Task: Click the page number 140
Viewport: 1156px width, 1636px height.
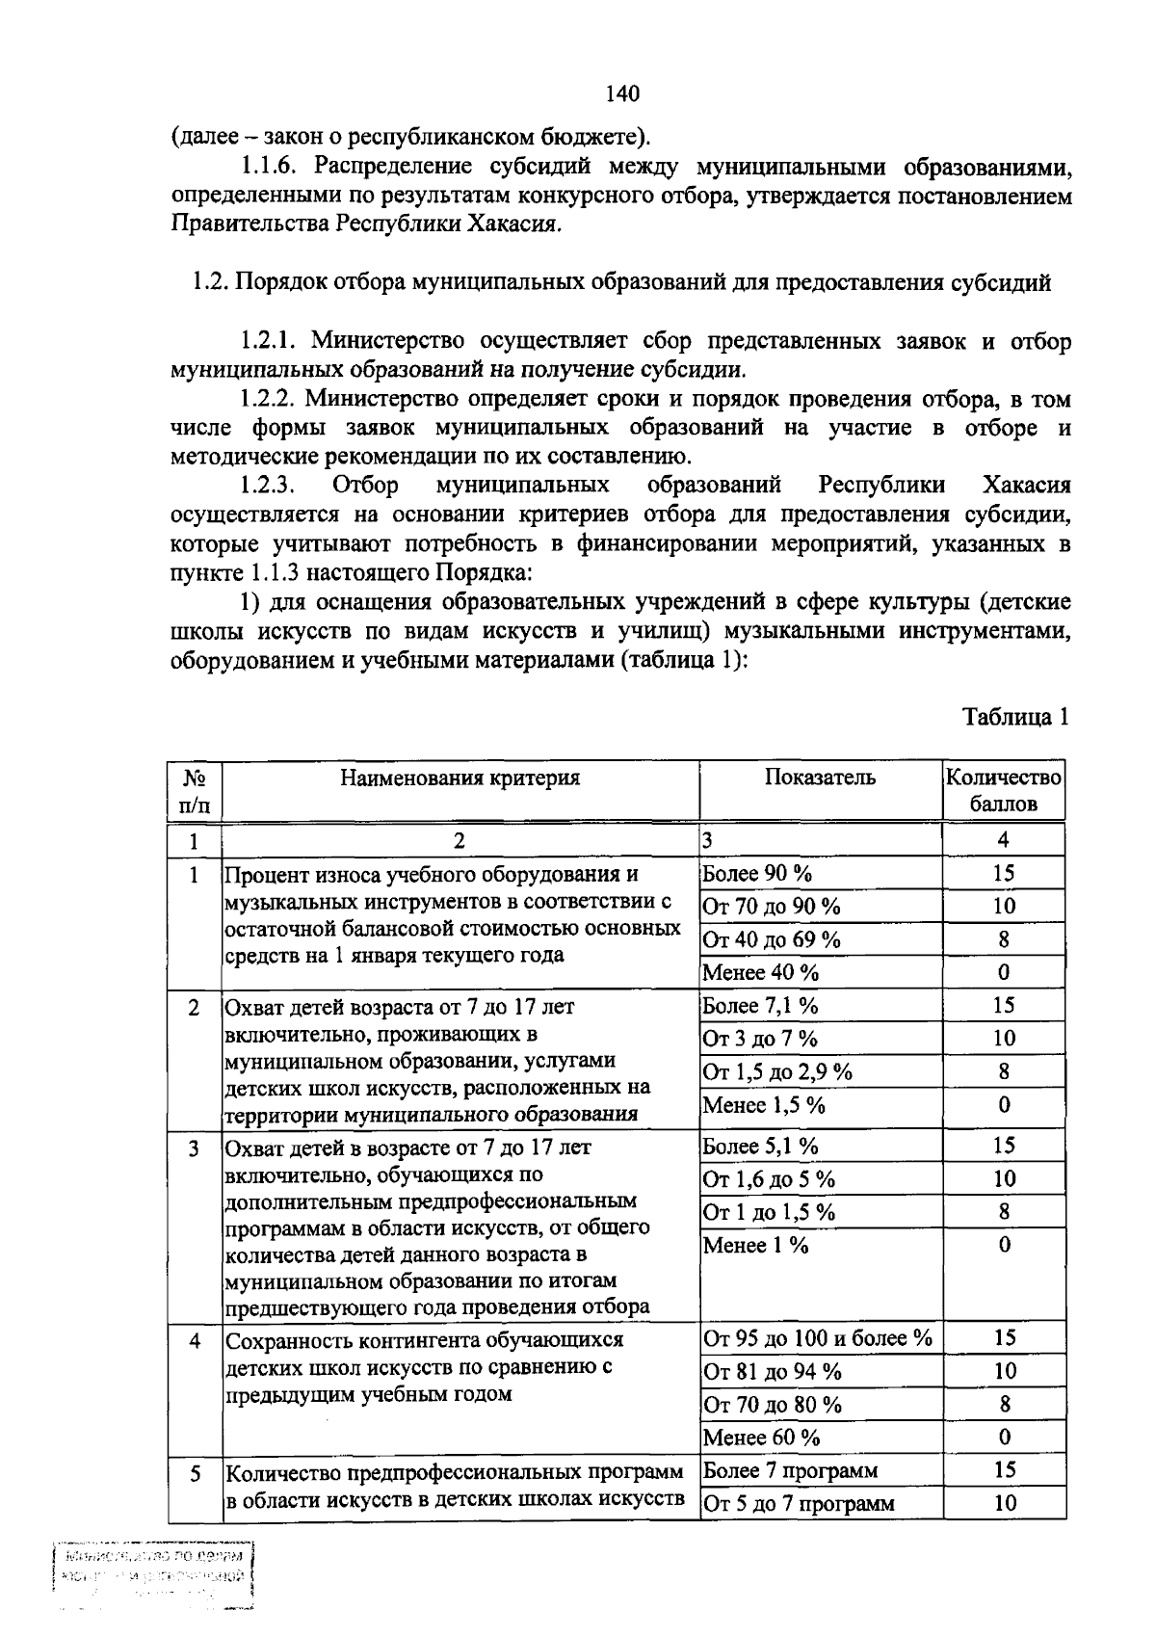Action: click(x=622, y=93)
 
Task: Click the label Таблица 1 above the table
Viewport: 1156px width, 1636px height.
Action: click(x=1015, y=717)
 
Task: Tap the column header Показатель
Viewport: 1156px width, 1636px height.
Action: click(x=820, y=778)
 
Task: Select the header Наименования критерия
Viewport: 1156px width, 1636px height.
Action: click(x=460, y=778)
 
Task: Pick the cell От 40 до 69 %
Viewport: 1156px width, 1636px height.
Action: click(x=772, y=939)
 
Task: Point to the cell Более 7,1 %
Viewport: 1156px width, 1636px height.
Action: click(x=761, y=1006)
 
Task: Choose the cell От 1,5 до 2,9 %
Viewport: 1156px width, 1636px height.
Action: click(x=777, y=1071)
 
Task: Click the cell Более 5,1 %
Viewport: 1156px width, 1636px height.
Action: click(x=761, y=1147)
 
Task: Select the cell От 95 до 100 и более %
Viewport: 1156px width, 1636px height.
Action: click(x=818, y=1338)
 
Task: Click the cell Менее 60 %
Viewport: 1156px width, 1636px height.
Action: click(x=762, y=1438)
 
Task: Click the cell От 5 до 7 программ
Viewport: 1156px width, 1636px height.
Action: click(x=799, y=1504)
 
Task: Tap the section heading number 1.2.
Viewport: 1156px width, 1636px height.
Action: click(x=209, y=283)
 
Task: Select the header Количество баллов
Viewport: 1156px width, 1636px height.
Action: click(x=1003, y=790)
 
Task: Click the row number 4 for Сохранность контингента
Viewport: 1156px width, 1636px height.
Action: click(x=195, y=1340)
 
